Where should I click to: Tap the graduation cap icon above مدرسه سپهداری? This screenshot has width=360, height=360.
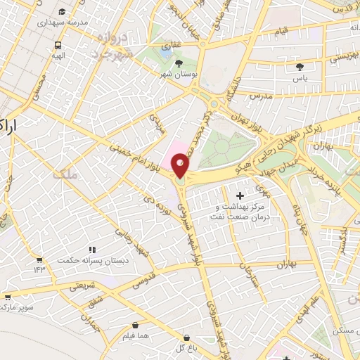tap(62, 12)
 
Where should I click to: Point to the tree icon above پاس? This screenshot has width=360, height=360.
tap(301, 67)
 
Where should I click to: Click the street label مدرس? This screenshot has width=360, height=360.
tap(260, 95)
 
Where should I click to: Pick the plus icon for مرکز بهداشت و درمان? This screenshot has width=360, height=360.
tap(241, 195)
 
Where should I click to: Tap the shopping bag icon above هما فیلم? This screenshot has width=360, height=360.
tap(135, 326)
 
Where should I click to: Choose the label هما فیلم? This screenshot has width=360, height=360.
tap(135, 337)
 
